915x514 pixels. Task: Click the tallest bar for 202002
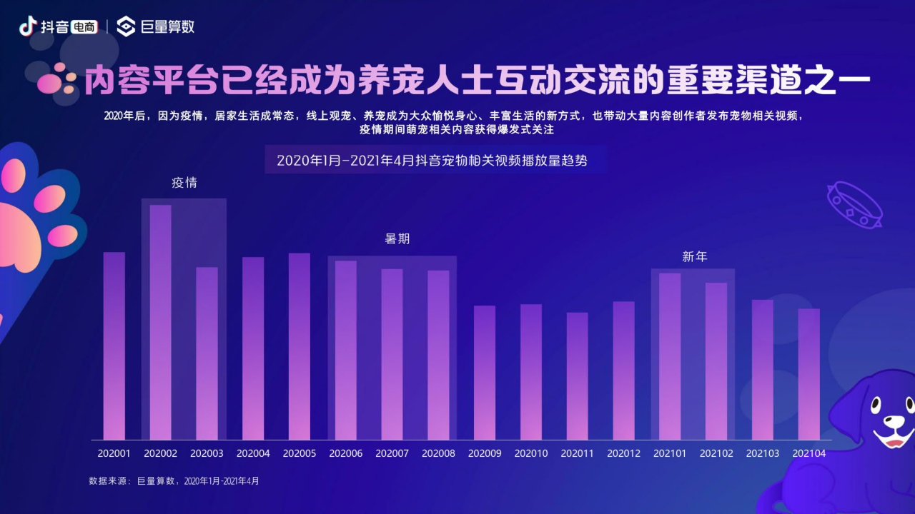point(160,321)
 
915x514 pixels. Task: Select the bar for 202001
point(114,346)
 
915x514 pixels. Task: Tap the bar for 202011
point(577,376)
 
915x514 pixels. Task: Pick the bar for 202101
point(670,356)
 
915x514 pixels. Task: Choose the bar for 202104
point(808,374)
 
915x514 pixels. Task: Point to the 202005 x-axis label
point(300,453)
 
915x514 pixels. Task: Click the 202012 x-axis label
point(623,453)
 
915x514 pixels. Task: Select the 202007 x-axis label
point(392,453)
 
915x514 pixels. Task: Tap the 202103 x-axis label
point(763,453)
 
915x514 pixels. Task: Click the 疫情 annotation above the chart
point(184,183)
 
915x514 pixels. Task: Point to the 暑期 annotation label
point(397,239)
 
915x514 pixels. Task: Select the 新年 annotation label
point(694,256)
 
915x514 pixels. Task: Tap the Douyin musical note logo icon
point(27,26)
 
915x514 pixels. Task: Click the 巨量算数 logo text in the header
point(167,27)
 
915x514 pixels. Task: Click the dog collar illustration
point(854,205)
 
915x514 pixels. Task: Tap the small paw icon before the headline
point(57,81)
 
